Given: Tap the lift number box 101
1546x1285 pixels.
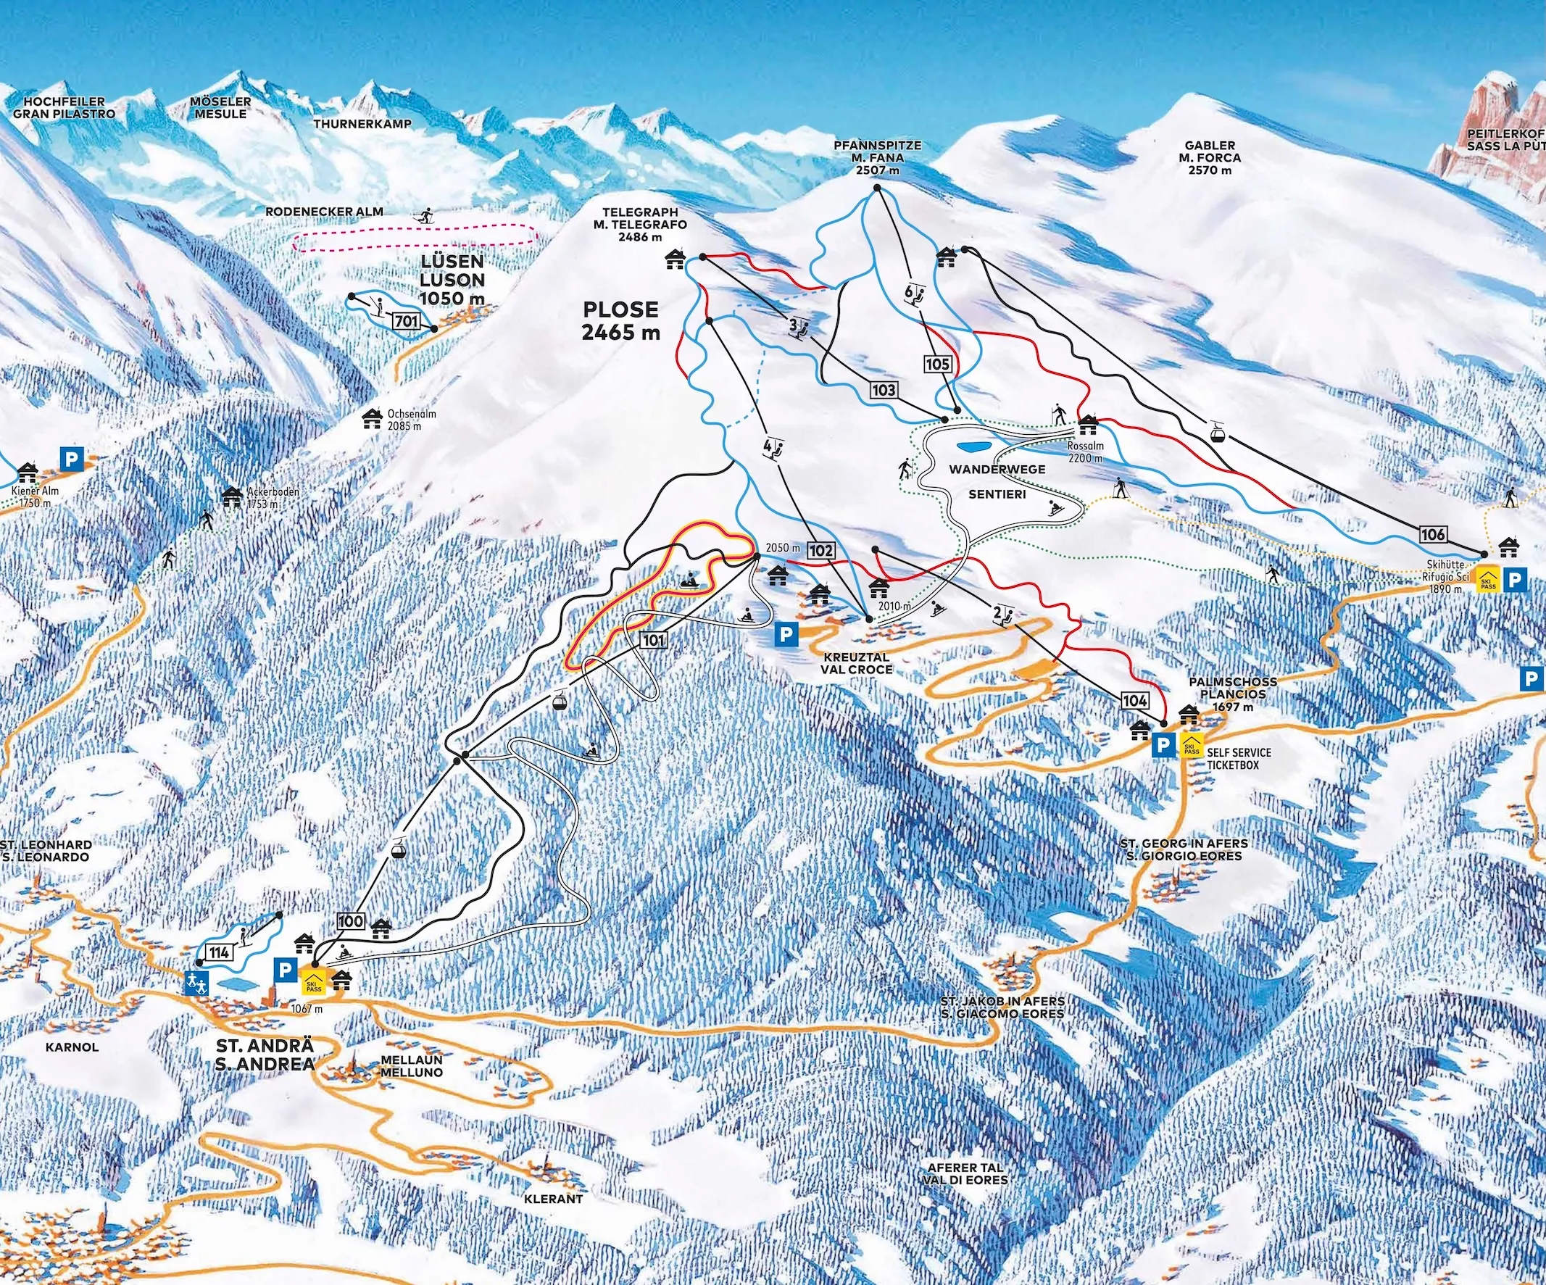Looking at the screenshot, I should click(x=653, y=640).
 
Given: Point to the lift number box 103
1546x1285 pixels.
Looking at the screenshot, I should click(x=884, y=388).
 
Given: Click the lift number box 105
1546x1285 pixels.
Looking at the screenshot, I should click(x=938, y=364).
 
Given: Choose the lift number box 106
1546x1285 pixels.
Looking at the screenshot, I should click(x=1433, y=534).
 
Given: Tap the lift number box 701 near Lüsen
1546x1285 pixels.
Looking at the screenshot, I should click(x=407, y=321).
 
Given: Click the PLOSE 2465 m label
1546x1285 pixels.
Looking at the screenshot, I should click(x=621, y=320).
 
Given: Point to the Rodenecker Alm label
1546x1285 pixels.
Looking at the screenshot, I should click(x=324, y=212).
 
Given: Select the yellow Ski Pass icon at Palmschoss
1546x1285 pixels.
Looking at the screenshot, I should click(x=1190, y=747).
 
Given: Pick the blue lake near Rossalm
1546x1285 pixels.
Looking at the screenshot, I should click(x=973, y=446).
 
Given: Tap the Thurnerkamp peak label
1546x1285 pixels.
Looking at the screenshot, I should click(x=362, y=124).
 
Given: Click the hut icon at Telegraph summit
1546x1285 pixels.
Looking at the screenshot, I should click(x=675, y=258).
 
